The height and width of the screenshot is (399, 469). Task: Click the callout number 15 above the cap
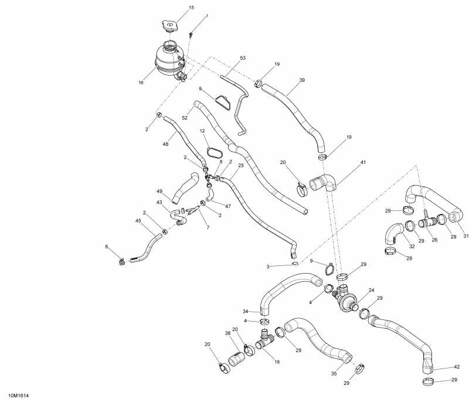[174, 8]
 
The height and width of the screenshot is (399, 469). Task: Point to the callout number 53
[243, 58]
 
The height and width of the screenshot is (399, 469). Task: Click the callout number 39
[302, 80]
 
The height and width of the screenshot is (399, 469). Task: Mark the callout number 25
[240, 166]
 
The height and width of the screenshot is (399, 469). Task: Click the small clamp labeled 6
[120, 261]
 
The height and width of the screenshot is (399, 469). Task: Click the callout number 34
[246, 311]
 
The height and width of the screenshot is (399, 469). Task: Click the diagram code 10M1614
[19, 395]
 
